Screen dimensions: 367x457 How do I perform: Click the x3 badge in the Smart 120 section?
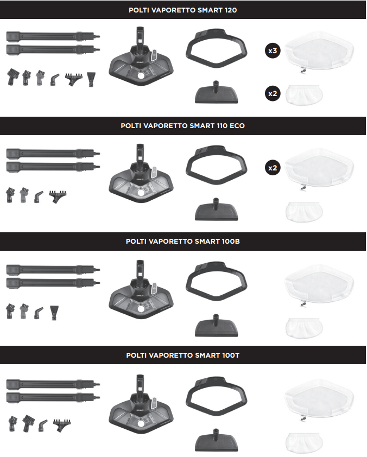(x=273, y=50)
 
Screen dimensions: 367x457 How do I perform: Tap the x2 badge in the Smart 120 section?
(x=273, y=93)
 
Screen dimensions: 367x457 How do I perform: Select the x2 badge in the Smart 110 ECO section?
(x=273, y=168)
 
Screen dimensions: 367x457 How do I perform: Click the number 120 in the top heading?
(x=231, y=10)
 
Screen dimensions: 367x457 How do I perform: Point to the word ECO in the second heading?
(x=237, y=125)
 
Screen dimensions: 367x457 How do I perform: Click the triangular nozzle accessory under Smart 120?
(x=91, y=80)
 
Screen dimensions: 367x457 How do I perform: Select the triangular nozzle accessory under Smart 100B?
(x=54, y=313)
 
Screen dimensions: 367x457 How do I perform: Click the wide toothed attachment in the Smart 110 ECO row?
(x=58, y=196)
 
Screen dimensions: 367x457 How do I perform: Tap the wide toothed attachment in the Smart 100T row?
(x=62, y=425)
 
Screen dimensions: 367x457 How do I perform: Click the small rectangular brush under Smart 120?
(x=216, y=92)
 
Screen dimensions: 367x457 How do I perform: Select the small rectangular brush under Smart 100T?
(x=216, y=440)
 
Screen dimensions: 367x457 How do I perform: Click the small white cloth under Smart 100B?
(x=304, y=328)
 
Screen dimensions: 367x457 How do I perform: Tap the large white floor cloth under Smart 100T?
(x=319, y=397)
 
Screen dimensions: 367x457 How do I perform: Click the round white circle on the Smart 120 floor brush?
(x=141, y=77)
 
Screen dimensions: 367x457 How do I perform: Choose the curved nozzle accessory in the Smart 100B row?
(x=39, y=313)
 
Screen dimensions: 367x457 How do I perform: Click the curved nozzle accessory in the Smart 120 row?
(x=54, y=80)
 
